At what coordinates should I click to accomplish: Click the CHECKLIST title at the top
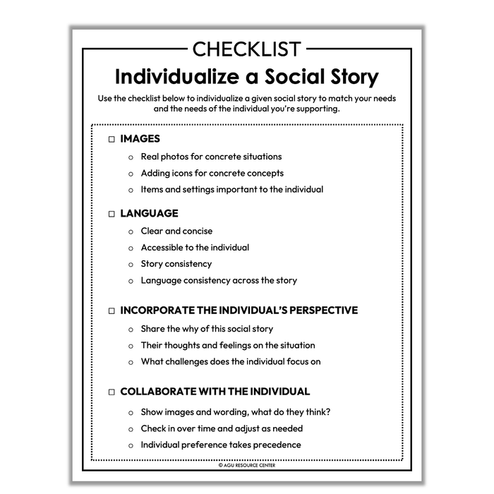pyautogui.click(x=246, y=50)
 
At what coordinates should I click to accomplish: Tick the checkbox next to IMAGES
pyautogui.click(x=112, y=140)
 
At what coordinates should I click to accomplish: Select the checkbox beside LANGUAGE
pyautogui.click(x=112, y=214)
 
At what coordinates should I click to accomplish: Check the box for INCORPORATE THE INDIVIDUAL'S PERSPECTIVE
pyautogui.click(x=112, y=311)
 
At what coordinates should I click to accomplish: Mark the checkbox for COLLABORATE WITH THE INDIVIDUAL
pyautogui.click(x=112, y=392)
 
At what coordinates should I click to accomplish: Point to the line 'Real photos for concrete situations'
pyautogui.click(x=211, y=157)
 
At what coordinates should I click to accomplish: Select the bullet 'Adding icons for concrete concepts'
pyautogui.click(x=212, y=173)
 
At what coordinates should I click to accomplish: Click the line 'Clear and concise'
pyautogui.click(x=176, y=231)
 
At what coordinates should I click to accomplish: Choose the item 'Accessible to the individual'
pyautogui.click(x=195, y=248)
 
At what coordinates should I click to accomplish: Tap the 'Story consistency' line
pyautogui.click(x=176, y=264)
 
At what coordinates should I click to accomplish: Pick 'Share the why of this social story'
pyautogui.click(x=207, y=329)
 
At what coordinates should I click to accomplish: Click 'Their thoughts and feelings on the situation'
pyautogui.click(x=228, y=346)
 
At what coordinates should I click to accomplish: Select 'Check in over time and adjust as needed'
pyautogui.click(x=222, y=428)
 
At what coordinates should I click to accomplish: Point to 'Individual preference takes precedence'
pyautogui.click(x=221, y=445)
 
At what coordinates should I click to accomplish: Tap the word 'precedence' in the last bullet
pyautogui.click(x=277, y=445)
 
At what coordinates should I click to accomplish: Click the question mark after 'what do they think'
pyautogui.click(x=329, y=412)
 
